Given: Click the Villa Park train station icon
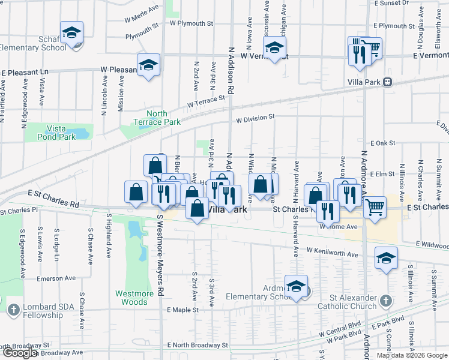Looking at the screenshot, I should [x=388, y=82].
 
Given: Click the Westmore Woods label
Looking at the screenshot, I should [x=131, y=298].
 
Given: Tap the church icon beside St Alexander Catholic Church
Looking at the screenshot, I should [x=386, y=299].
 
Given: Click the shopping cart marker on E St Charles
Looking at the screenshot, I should [x=375, y=207].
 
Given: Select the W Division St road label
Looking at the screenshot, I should [x=255, y=118].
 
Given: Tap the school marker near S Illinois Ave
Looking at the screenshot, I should [x=386, y=258].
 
